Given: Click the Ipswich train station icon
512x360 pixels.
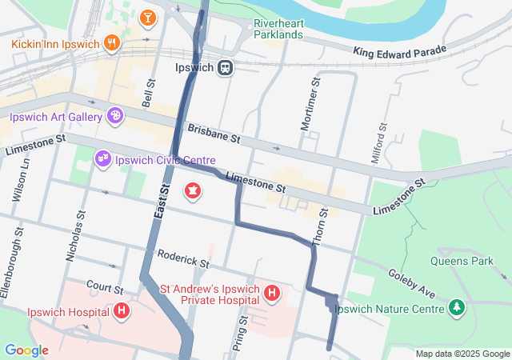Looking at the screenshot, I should pos(226,68).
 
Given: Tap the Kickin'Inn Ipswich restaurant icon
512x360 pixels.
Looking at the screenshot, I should pos(114,42).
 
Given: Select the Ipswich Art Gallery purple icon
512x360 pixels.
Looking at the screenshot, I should pos(114,117).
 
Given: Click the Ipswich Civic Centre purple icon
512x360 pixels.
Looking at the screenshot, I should pos(102,159).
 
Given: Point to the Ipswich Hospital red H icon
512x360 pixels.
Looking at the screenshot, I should pos(121,311).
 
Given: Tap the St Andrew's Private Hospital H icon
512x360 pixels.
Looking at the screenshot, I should pos(272,293).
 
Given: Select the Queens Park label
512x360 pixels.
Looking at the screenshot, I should pos(462,261).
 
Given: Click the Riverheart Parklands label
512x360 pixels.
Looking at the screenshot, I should pos(278,29).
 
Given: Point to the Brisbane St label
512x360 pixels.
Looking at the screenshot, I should pos(214,133).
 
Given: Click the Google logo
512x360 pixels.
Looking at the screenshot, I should pos(26,350).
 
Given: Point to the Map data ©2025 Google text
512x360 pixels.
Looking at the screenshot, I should pos(462,354).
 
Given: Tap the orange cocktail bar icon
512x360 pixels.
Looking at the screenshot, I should pos(148,17).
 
